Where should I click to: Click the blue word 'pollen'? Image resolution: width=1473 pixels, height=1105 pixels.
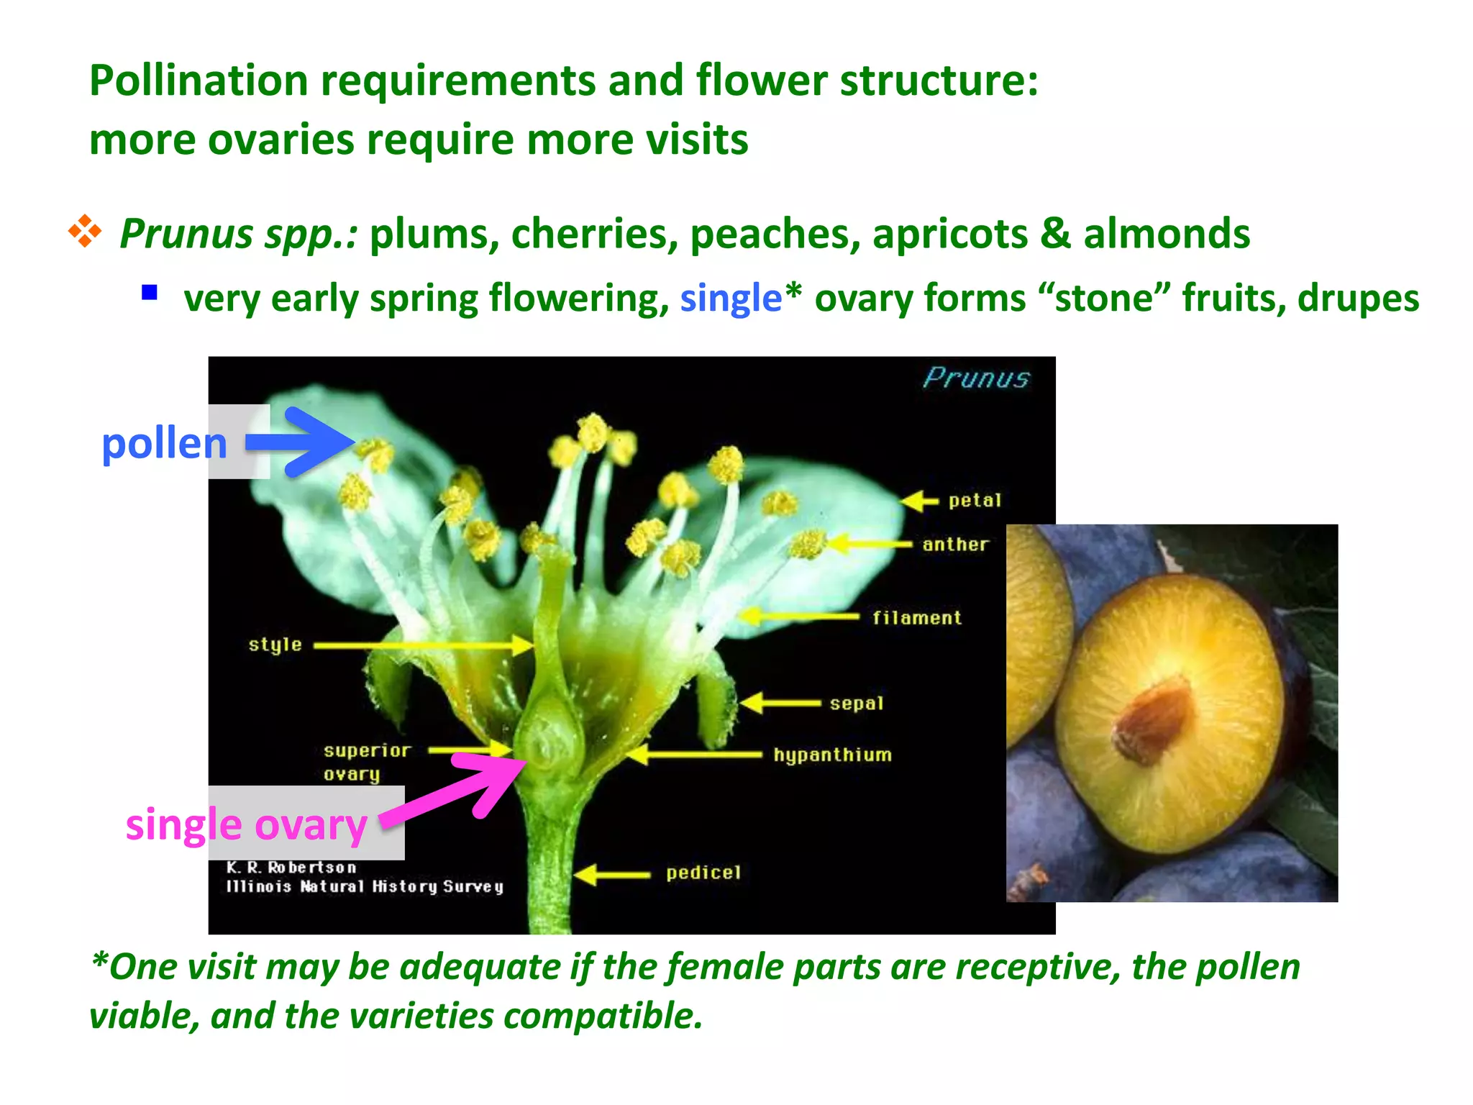[x=164, y=443]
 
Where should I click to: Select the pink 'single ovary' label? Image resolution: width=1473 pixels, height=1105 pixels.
[x=246, y=824]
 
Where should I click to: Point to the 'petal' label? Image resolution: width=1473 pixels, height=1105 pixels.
[x=974, y=501]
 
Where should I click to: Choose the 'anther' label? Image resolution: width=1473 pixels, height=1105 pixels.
[x=955, y=545]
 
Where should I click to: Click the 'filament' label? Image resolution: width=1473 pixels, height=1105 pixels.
[x=916, y=618]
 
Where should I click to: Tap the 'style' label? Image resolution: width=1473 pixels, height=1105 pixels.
[x=275, y=645]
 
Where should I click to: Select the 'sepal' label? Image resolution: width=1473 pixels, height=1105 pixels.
[x=856, y=704]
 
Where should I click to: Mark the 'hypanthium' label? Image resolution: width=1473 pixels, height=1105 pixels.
[x=832, y=755]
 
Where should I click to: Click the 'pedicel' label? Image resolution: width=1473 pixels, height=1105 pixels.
[x=703, y=873]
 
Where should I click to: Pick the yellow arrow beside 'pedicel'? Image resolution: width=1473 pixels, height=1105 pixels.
[x=611, y=875]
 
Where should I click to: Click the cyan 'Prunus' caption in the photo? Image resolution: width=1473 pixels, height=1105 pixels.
[x=976, y=378]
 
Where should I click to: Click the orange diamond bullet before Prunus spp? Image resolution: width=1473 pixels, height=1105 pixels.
[x=85, y=232]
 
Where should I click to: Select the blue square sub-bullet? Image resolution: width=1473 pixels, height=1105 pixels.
[x=150, y=292]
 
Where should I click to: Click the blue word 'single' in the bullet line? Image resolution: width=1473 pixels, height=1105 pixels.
[x=730, y=298]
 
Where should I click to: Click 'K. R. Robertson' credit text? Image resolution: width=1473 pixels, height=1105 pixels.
[x=291, y=868]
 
